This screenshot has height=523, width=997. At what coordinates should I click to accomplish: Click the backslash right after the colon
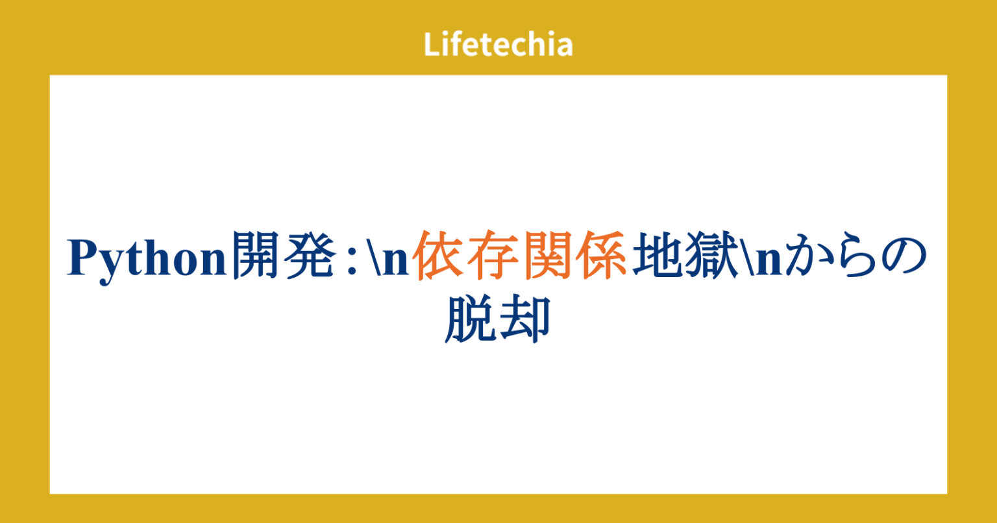tap(372, 259)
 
